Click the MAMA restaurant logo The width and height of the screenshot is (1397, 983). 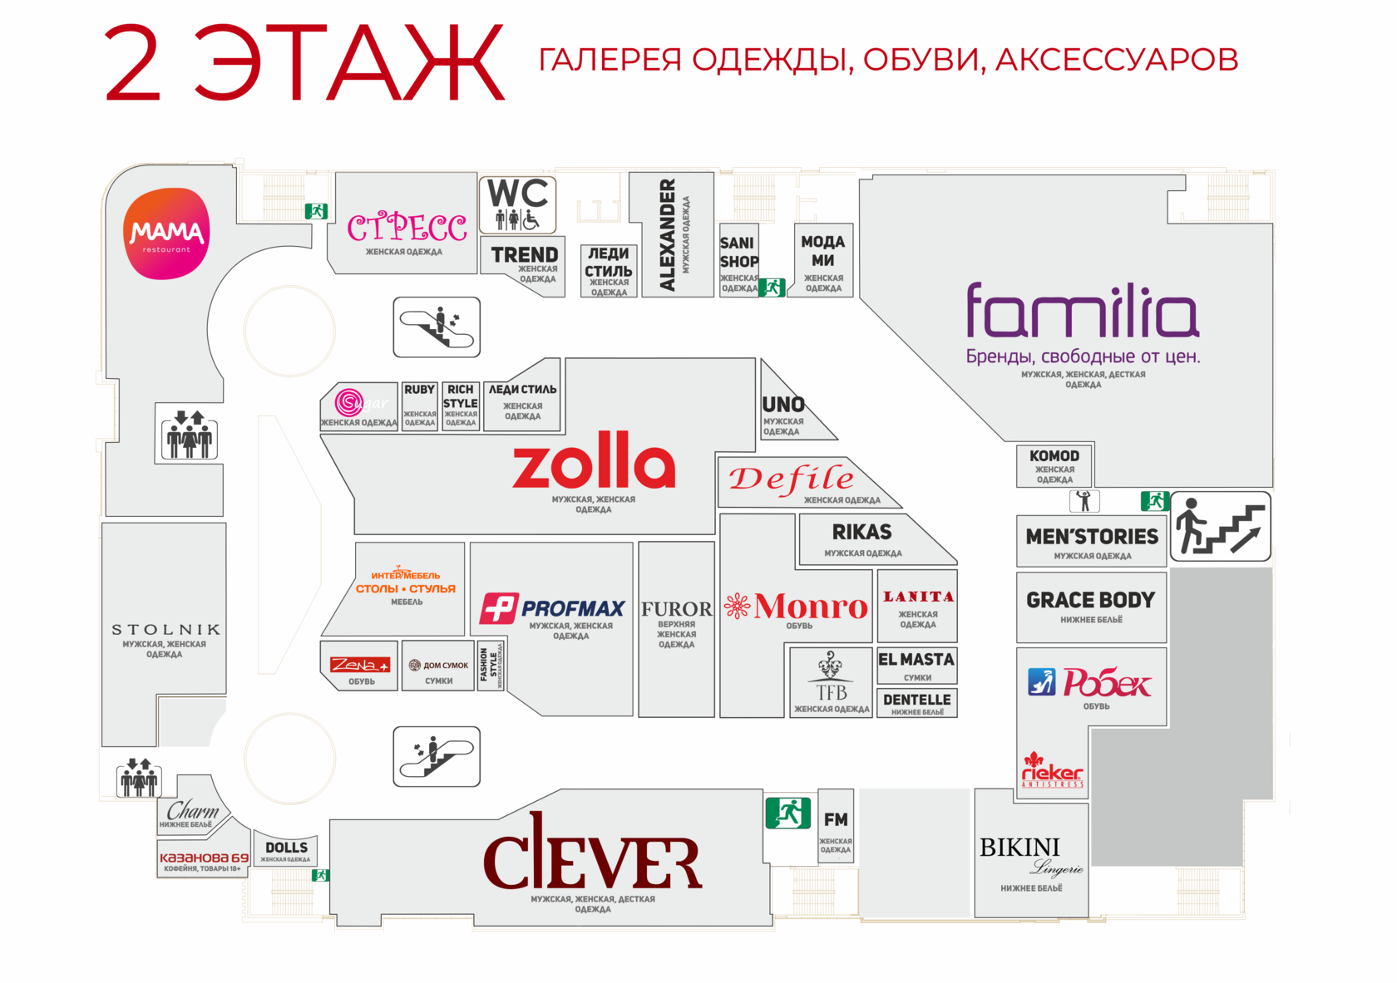(166, 233)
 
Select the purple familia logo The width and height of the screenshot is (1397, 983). (1082, 311)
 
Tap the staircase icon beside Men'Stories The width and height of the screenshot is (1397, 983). (1220, 526)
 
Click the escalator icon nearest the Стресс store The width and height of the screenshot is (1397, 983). (437, 327)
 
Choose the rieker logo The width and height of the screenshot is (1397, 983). (1052, 772)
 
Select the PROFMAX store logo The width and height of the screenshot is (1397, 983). (552, 608)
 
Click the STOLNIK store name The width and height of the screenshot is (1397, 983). (166, 630)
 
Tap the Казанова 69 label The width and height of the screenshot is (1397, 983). (204, 858)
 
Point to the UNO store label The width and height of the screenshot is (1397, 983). (783, 405)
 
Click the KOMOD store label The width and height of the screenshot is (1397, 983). (1054, 456)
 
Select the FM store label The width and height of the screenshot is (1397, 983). (836, 820)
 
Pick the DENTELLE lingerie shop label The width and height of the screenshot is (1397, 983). (916, 700)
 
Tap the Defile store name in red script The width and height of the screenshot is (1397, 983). (791, 479)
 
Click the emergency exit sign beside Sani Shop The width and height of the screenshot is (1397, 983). (772, 288)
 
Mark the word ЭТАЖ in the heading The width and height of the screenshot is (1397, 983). (349, 63)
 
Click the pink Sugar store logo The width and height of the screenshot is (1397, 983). (349, 402)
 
